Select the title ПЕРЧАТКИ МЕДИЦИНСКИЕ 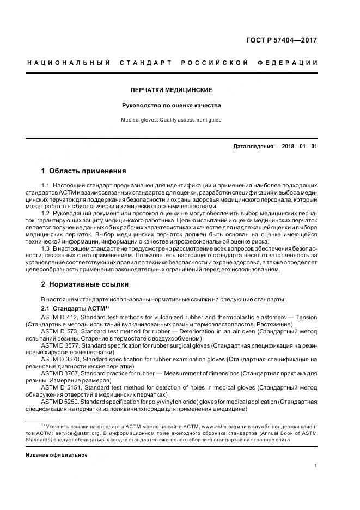click(172, 90)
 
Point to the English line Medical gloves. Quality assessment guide click(172, 120)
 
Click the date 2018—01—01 click(300, 147)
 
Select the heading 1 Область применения click(84, 171)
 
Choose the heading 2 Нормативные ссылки click(85, 284)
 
